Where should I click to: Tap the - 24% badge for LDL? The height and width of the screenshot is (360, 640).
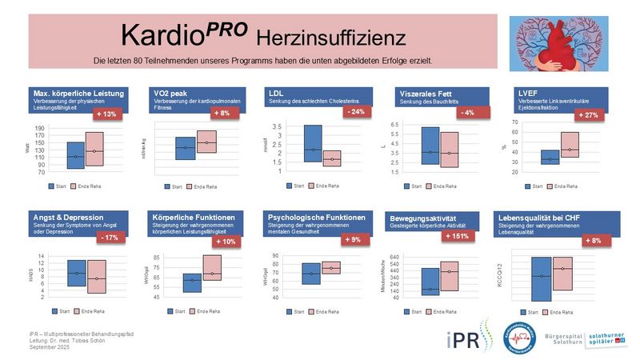coord(356,112)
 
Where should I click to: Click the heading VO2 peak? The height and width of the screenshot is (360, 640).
coord(170,94)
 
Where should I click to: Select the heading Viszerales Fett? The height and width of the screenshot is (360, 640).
coord(430,94)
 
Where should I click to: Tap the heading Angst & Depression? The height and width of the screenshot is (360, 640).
coord(66,217)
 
